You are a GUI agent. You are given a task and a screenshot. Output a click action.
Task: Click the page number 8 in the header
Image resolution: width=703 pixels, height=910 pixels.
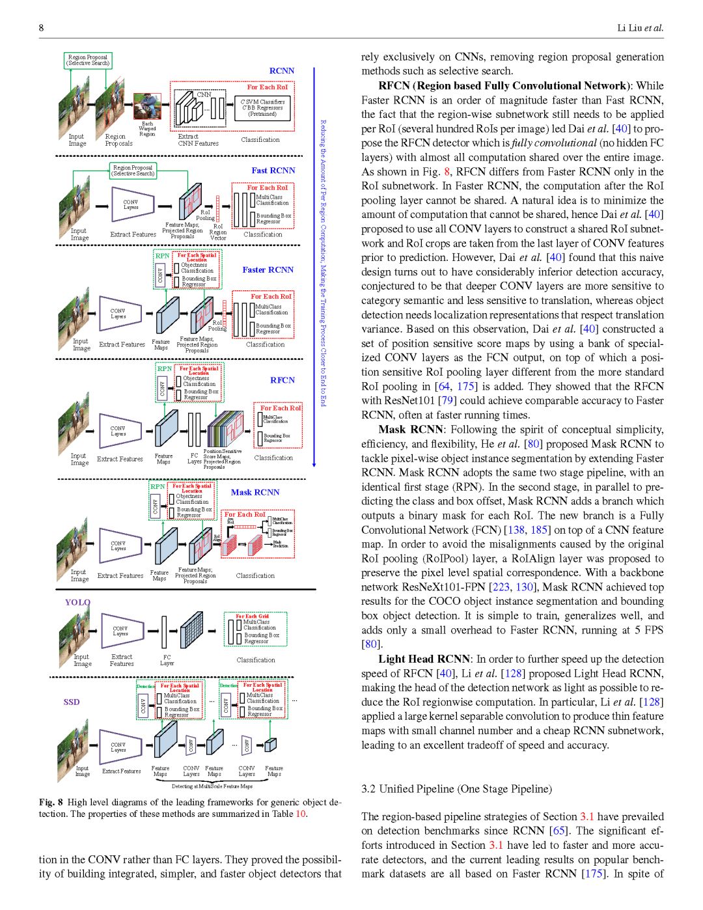point(42,28)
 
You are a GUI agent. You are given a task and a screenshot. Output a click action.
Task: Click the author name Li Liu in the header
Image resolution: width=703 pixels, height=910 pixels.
point(629,28)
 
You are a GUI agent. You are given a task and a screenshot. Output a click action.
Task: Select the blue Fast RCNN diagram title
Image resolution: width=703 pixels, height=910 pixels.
point(273,171)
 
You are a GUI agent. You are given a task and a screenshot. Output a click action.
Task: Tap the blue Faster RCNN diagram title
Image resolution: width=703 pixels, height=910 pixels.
point(268,269)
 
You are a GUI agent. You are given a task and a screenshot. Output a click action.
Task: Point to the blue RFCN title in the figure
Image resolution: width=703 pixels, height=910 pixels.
point(283,380)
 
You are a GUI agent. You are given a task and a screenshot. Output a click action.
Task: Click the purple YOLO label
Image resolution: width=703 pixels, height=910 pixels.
point(77,602)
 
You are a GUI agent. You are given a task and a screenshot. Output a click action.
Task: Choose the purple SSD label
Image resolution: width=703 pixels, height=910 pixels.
point(72,702)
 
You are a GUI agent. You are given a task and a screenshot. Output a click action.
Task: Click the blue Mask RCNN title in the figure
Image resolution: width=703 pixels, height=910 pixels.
point(255,492)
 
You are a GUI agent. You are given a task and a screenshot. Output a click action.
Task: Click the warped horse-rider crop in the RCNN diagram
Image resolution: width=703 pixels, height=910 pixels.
point(147,106)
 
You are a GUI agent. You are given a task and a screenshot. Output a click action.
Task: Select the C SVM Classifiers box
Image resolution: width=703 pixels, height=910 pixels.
point(263,108)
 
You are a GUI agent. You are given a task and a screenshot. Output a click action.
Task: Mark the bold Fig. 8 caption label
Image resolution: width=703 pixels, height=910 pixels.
point(51,802)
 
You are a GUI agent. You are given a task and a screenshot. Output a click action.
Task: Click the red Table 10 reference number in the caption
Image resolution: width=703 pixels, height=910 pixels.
point(301,814)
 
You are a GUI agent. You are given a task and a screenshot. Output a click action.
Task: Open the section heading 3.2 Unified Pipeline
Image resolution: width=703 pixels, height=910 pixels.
point(456,789)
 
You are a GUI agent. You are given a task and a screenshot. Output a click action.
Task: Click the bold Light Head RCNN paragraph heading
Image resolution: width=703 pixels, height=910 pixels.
point(424,659)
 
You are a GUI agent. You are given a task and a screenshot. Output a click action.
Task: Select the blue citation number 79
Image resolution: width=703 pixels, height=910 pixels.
point(446,400)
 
